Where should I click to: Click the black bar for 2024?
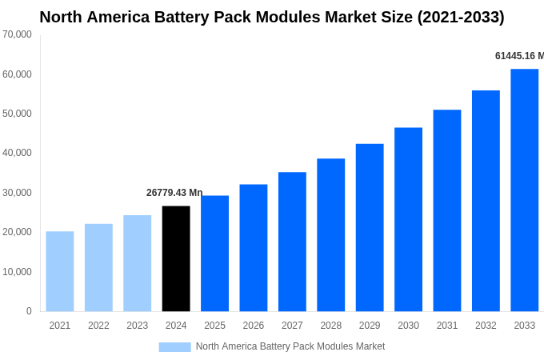tap(176, 258)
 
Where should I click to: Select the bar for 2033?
tap(524, 190)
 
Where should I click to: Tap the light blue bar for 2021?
tap(60, 271)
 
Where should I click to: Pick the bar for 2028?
tap(330, 234)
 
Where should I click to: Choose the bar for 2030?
tap(408, 219)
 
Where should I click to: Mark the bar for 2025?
tap(214, 253)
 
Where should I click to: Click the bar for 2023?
tap(137, 263)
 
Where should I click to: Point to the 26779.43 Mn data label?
tap(174, 193)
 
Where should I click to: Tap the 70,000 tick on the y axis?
tap(17, 34)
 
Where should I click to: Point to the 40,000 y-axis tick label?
tap(17, 153)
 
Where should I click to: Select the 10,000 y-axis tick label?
tap(17, 272)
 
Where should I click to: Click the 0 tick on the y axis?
tap(29, 311)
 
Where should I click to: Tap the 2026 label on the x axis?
tap(253, 326)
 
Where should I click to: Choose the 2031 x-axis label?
tap(446, 326)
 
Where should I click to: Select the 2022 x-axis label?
tap(98, 326)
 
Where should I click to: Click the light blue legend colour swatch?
tap(174, 347)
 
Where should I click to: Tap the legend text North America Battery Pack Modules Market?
tap(290, 346)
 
